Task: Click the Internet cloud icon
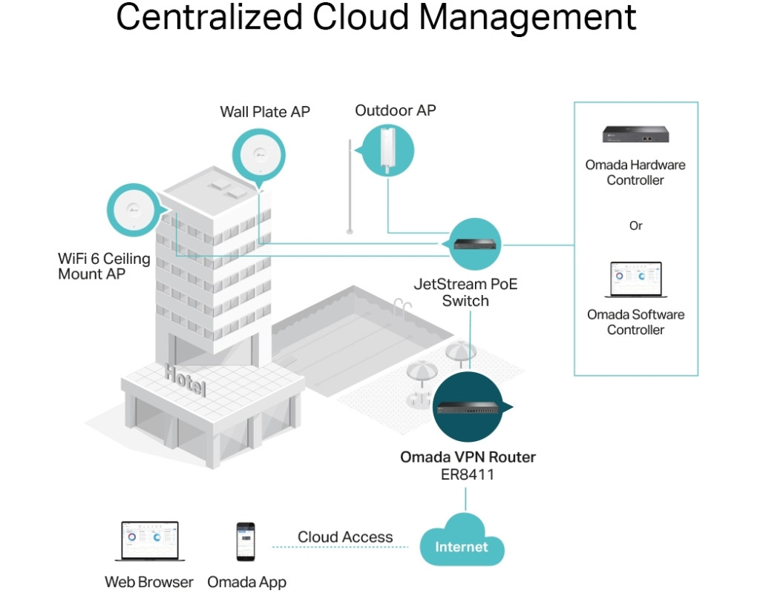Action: pyautogui.click(x=462, y=547)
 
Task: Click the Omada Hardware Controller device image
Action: pyautogui.click(x=636, y=134)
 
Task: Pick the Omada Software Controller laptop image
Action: pyautogui.click(x=636, y=281)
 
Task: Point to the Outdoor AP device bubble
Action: pyautogui.click(x=384, y=149)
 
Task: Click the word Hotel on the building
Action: pyautogui.click(x=186, y=380)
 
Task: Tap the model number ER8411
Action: pyautogui.click(x=466, y=474)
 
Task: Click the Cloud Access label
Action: pyautogui.click(x=345, y=537)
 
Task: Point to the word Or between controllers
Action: pyautogui.click(x=636, y=225)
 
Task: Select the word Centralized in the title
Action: pyautogui.click(x=209, y=16)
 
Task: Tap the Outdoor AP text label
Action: pyautogui.click(x=396, y=110)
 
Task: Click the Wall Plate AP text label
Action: pyautogui.click(x=265, y=112)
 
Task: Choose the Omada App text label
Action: pyautogui.click(x=246, y=582)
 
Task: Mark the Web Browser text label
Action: pyautogui.click(x=148, y=582)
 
